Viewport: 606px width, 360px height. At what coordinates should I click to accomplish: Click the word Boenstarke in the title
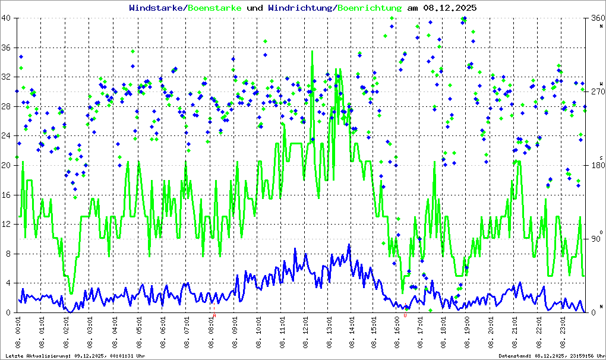tap(214, 8)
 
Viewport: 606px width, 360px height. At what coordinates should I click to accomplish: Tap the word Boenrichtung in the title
tap(370, 8)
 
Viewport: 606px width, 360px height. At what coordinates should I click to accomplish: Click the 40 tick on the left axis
tap(7, 18)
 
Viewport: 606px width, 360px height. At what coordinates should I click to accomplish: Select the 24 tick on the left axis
tap(7, 136)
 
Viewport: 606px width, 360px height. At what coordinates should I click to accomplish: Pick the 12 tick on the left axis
tap(7, 224)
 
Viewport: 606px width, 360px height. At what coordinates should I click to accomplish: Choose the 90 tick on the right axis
tap(595, 239)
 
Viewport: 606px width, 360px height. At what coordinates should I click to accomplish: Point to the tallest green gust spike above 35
tap(313, 52)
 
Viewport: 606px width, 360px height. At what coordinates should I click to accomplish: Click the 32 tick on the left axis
tap(7, 77)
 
